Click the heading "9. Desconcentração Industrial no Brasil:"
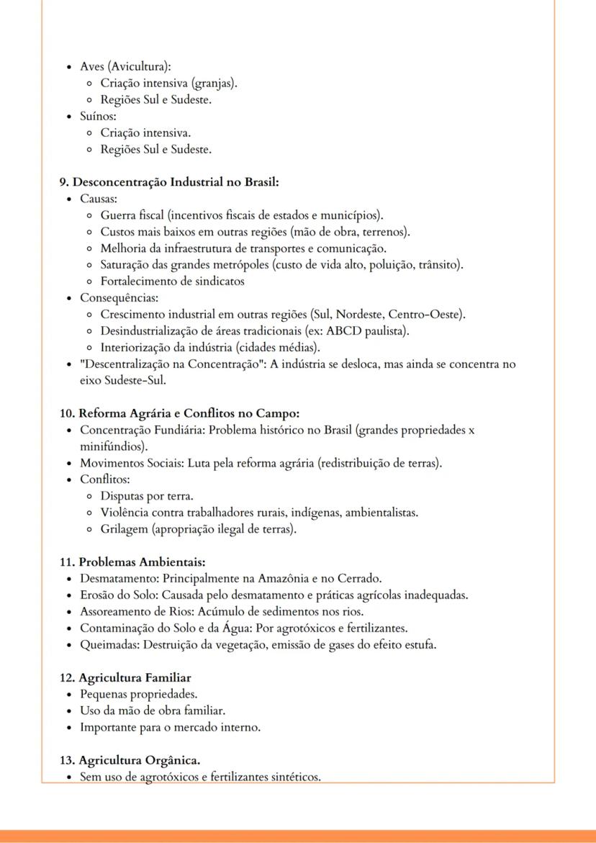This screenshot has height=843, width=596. pyautogui.click(x=169, y=182)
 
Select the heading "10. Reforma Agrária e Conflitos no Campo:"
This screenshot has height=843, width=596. pyautogui.click(x=179, y=413)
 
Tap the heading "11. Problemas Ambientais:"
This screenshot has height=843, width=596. pyautogui.click(x=132, y=562)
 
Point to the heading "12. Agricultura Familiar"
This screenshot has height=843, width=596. pyautogui.click(x=125, y=678)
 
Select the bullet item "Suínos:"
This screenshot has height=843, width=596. pyautogui.click(x=93, y=116)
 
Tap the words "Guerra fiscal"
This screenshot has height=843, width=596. pyautogui.click(x=131, y=215)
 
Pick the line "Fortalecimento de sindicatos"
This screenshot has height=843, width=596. pyautogui.click(x=172, y=281)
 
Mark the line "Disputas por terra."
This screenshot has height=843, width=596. pyautogui.click(x=147, y=496)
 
